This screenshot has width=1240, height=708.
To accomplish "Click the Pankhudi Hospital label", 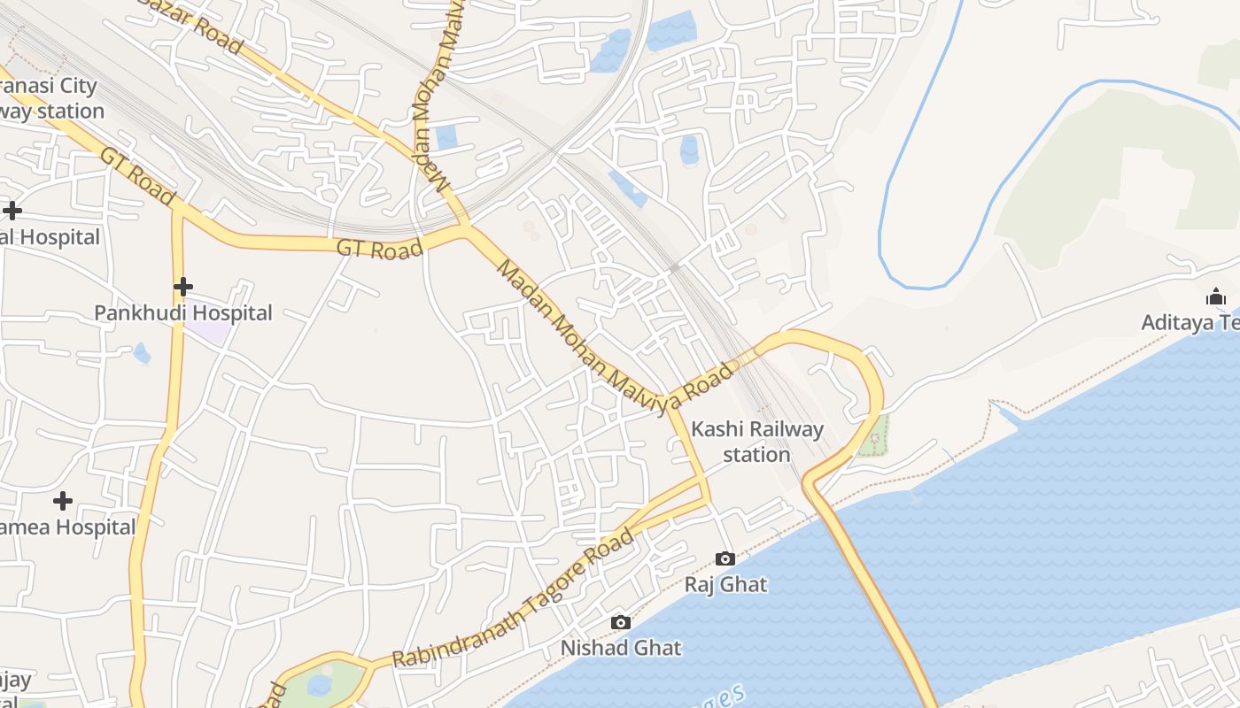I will (183, 313).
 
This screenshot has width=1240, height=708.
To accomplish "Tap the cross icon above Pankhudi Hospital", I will (183, 287).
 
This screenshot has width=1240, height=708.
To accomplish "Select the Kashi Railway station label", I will (756, 442).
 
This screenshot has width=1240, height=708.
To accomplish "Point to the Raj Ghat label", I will (725, 584).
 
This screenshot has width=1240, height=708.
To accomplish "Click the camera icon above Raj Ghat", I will (725, 558).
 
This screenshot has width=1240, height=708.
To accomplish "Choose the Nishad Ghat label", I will (621, 648).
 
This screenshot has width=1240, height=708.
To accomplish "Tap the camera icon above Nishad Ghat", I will (621, 622).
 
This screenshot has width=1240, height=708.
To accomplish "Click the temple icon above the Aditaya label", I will (1216, 296).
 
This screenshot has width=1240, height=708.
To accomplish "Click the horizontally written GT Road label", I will (380, 250).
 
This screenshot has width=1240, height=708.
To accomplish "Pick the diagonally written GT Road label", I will (138, 177).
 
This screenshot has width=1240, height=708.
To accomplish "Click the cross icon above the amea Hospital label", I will (63, 501).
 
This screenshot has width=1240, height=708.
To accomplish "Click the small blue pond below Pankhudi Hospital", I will (142, 354).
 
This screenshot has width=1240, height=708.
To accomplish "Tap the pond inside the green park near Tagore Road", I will (319, 685).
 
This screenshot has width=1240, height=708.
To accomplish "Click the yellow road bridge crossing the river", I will (877, 602).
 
